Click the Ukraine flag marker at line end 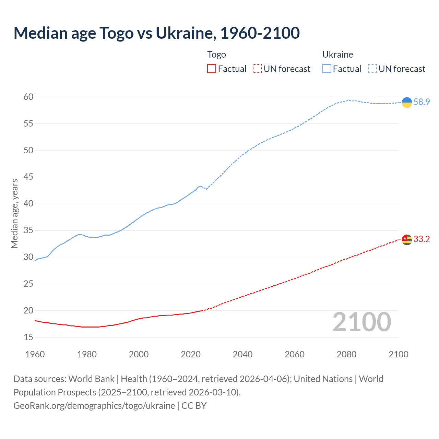[407, 102]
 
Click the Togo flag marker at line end [407, 239]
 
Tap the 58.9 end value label [422, 102]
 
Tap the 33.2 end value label [422, 239]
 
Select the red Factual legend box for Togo [212, 69]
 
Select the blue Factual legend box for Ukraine [327, 69]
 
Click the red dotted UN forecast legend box [257, 69]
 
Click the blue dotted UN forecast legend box [372, 69]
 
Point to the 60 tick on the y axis [28, 97]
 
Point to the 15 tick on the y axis [28, 337]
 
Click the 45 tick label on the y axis [28, 177]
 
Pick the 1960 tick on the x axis [35, 354]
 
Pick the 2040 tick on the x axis [242, 354]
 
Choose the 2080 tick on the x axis [346, 354]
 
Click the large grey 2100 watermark [361, 322]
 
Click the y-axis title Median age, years [14, 213]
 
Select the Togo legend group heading [216, 55]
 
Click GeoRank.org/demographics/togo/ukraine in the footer [94, 406]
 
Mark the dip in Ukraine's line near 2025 [206, 189]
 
